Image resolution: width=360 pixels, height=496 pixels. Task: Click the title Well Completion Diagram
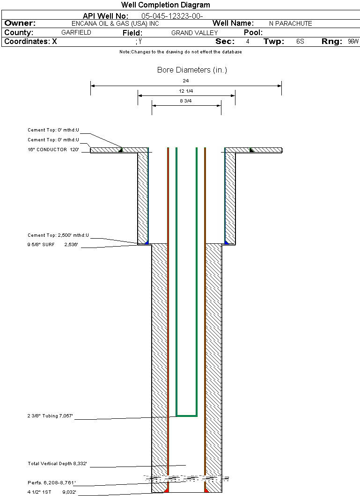[x=165, y=5]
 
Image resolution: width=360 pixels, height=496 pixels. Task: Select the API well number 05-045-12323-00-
[x=172, y=16]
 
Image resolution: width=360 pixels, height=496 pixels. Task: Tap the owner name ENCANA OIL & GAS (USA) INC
[x=115, y=23]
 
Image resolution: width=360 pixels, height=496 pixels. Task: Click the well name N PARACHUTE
[x=290, y=23]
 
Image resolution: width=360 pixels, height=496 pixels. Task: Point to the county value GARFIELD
[x=76, y=32]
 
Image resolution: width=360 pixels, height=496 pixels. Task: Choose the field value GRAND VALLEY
[x=195, y=33]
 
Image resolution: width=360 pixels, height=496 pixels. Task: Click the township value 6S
[x=300, y=41]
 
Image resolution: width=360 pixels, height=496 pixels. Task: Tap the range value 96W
[x=353, y=41]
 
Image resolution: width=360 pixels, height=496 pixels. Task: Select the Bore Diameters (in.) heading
[x=192, y=70]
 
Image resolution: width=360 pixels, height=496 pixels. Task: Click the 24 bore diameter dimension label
[x=186, y=80]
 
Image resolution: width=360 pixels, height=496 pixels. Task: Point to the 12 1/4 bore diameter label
[x=186, y=91]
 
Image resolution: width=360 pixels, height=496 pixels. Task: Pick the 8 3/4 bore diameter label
[x=186, y=101]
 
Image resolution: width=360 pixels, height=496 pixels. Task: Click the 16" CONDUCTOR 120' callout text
[x=53, y=149]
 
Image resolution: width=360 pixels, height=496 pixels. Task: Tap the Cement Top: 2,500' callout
[x=58, y=235]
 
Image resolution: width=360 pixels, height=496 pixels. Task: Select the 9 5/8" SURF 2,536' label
[x=52, y=245]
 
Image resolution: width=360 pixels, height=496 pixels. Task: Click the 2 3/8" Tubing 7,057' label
[x=50, y=416]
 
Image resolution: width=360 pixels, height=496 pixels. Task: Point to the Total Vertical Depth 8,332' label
[x=57, y=463]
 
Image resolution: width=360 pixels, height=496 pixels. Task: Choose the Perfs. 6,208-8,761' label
[x=51, y=483]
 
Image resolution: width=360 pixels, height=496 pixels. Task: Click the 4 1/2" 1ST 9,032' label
[x=51, y=492]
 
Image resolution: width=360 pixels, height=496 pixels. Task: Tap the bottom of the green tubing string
[x=187, y=416]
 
